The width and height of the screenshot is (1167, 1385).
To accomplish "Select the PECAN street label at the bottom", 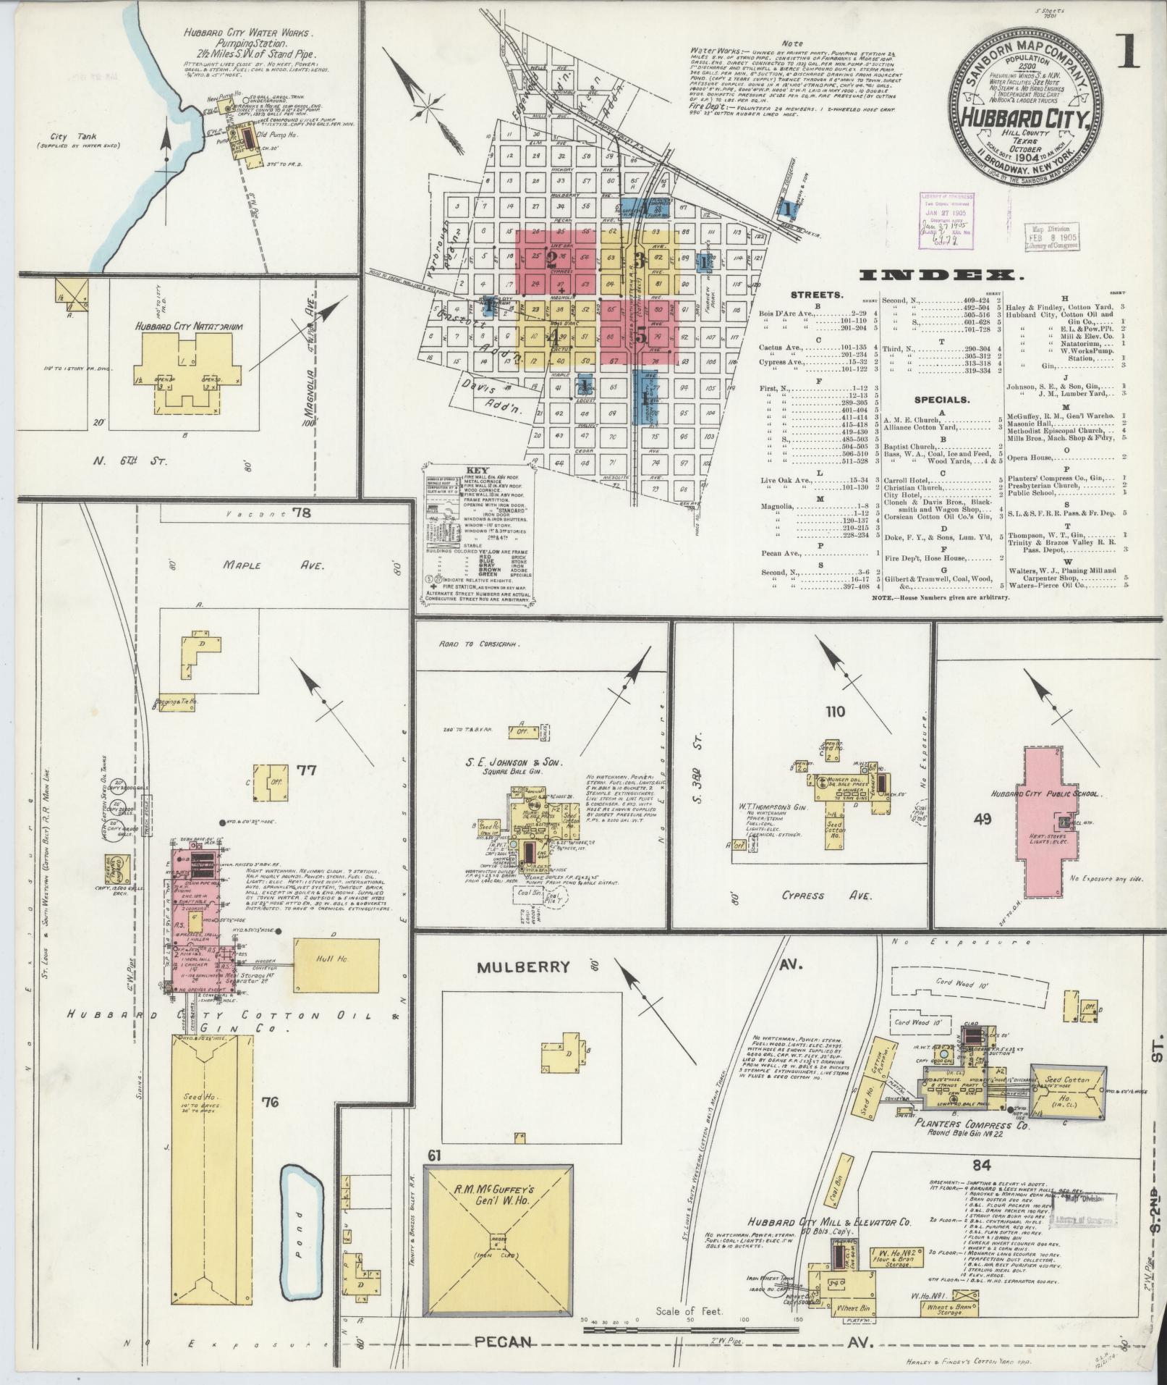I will click(x=504, y=1342).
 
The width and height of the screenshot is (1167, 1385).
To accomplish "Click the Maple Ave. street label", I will click(x=256, y=564).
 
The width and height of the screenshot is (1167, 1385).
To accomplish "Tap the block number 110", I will click(x=835, y=712).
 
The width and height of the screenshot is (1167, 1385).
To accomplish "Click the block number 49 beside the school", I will click(x=983, y=820).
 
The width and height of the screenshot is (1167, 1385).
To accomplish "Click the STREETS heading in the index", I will click(x=815, y=295).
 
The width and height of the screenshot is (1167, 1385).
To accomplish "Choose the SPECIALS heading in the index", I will click(x=941, y=400).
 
